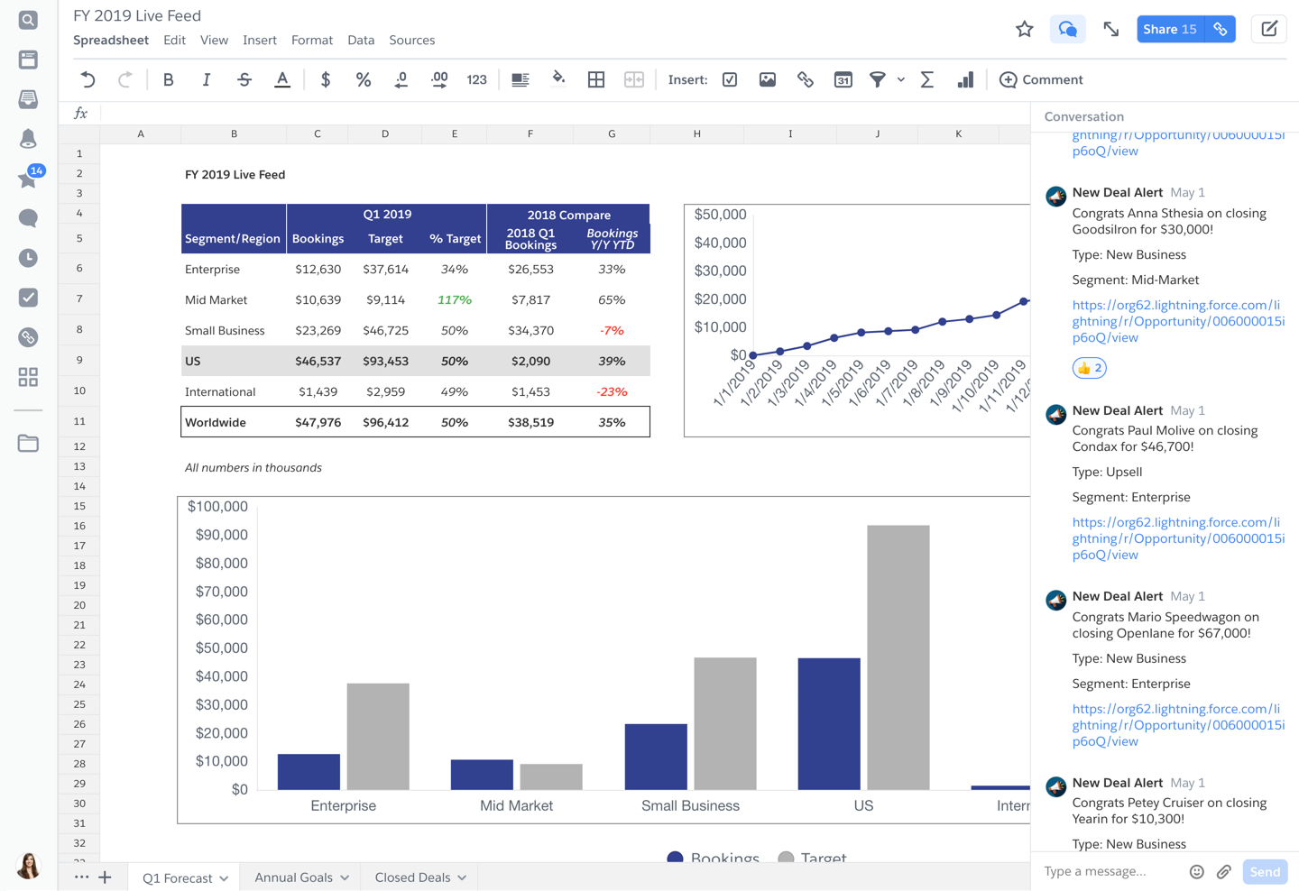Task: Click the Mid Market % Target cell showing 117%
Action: tap(454, 299)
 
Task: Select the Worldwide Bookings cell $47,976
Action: tap(318, 422)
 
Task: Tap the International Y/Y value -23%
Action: tap(612, 391)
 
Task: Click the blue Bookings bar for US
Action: tap(829, 723)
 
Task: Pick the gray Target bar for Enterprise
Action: tap(377, 736)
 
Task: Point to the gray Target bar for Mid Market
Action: tap(551, 776)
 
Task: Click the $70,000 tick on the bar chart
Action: tap(222, 592)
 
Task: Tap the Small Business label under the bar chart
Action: tap(690, 805)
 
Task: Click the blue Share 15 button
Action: tap(1170, 29)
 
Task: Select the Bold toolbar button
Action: tap(168, 79)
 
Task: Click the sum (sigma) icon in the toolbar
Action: tap(926, 79)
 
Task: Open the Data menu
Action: tap(361, 40)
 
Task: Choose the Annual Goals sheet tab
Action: tap(301, 877)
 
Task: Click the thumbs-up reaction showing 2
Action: tap(1089, 368)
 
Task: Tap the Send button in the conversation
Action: tap(1264, 872)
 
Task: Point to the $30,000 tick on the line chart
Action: tap(720, 271)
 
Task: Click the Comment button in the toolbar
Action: tap(1041, 79)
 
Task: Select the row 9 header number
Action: tap(79, 360)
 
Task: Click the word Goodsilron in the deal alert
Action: tap(1103, 229)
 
